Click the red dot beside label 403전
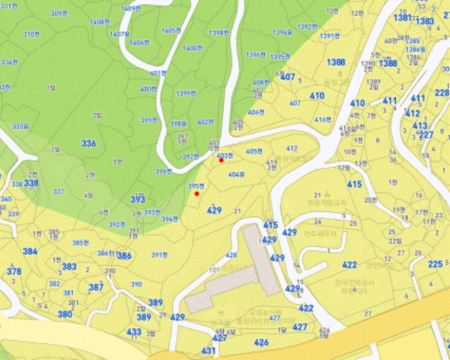(221, 160)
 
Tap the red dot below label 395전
(197, 194)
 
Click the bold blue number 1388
(336, 62)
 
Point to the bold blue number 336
(89, 143)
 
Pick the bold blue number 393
(138, 199)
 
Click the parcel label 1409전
(130, 8)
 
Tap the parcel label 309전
(59, 13)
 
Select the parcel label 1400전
(192, 48)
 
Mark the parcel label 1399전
(186, 93)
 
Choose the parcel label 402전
(204, 122)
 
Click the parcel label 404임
(237, 174)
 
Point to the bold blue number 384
(30, 251)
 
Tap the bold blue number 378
(14, 271)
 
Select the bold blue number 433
(134, 332)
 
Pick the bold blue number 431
(208, 351)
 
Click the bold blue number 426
(261, 343)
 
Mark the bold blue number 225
(435, 264)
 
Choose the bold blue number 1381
(402, 17)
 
